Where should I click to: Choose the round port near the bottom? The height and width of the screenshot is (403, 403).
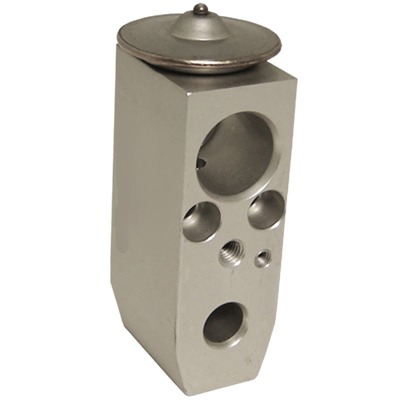click(226, 325)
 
